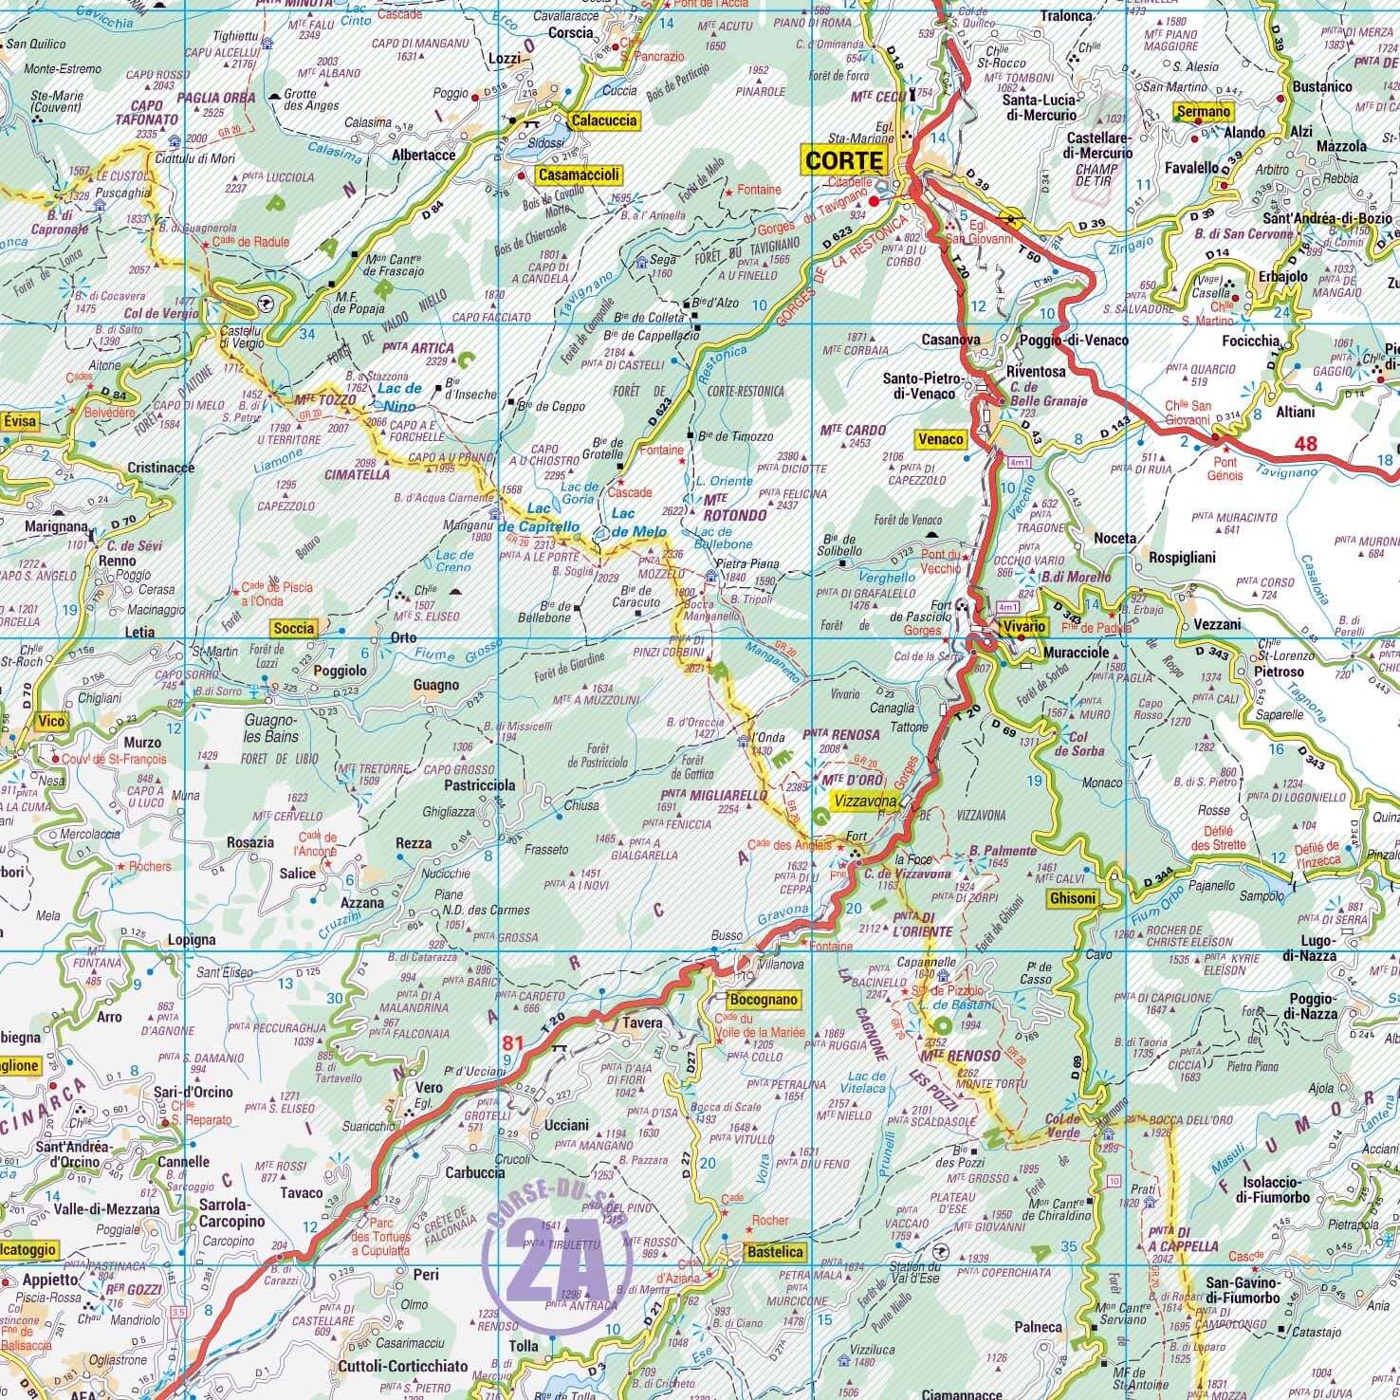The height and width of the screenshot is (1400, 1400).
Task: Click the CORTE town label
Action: pyautogui.click(x=843, y=159)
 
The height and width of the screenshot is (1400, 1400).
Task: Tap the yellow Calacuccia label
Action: pyautogui.click(x=603, y=120)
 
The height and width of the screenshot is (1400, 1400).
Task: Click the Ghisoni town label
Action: pyautogui.click(x=1073, y=898)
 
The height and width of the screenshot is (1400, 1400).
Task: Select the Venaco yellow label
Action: pyautogui.click(x=940, y=439)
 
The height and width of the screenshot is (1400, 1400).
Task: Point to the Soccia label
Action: pyautogui.click(x=293, y=628)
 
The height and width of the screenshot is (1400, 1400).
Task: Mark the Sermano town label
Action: pyautogui.click(x=1203, y=112)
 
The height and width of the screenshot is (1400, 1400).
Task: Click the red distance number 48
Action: pyautogui.click(x=1306, y=443)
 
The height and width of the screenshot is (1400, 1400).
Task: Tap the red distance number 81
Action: pyautogui.click(x=513, y=1043)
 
